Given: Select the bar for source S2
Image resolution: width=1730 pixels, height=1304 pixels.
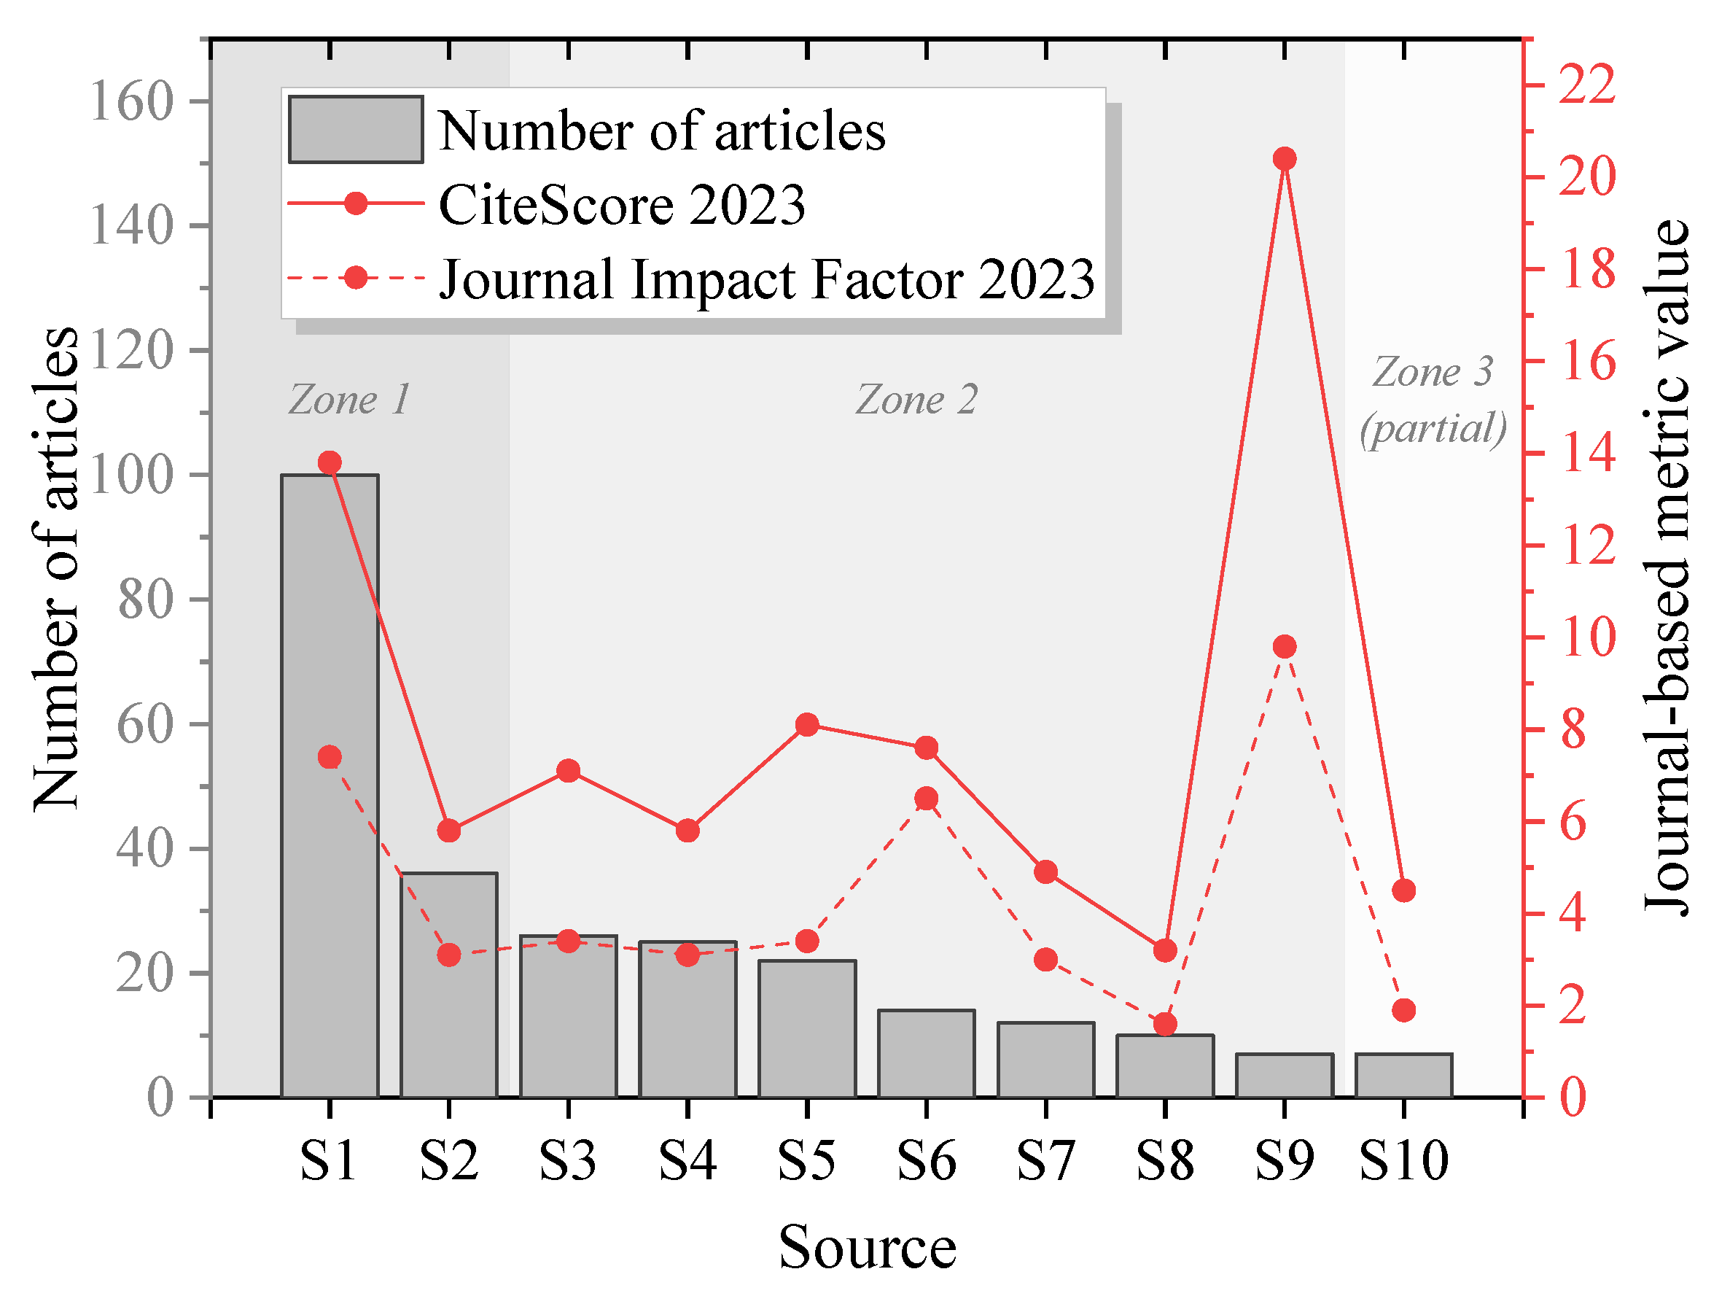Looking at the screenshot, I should pyautogui.click(x=449, y=985).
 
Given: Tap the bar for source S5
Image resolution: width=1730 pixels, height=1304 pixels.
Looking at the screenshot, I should pyautogui.click(x=807, y=1028).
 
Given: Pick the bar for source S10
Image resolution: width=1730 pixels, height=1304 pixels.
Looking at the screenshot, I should pyautogui.click(x=1404, y=1076).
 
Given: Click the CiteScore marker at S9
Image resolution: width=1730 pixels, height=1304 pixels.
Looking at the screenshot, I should pyautogui.click(x=1285, y=159).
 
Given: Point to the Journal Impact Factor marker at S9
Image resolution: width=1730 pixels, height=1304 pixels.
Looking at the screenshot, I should pyautogui.click(x=1285, y=647).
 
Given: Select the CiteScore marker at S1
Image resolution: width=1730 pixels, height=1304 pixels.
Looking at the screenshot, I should pyautogui.click(x=330, y=462).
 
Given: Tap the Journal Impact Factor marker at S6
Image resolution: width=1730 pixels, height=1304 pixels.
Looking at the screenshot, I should pyautogui.click(x=926, y=799).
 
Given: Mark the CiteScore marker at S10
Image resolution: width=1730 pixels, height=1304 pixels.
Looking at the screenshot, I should pyautogui.click(x=1404, y=890).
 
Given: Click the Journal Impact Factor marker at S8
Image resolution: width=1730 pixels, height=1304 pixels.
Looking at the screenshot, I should pyautogui.click(x=1165, y=1024).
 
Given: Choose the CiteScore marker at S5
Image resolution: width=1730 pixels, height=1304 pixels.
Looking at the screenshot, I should pyautogui.click(x=807, y=724).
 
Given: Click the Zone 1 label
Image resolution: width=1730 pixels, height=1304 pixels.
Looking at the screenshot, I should pyautogui.click(x=350, y=400).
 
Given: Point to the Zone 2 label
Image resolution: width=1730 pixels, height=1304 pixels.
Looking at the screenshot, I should pyautogui.click(x=916, y=400).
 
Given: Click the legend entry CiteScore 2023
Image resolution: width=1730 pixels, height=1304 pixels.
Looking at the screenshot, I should pyautogui.click(x=622, y=205).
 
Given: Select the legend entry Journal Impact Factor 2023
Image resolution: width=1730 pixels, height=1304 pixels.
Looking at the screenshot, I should pyautogui.click(x=766, y=279).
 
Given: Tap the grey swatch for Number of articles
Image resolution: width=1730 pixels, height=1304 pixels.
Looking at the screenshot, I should pyautogui.click(x=356, y=130).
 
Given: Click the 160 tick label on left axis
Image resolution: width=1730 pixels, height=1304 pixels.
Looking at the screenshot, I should pyautogui.click(x=131, y=101).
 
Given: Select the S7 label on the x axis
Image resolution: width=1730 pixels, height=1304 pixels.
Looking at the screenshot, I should pyautogui.click(x=1045, y=1161).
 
